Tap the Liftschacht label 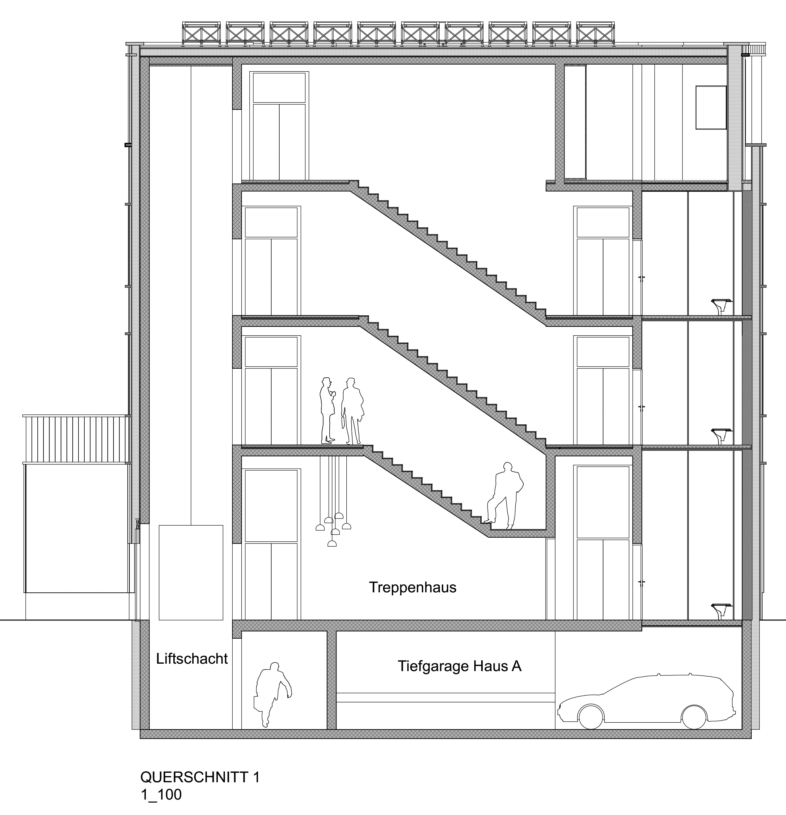click(x=192, y=659)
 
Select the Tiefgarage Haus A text click(x=459, y=666)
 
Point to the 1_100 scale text click(x=161, y=795)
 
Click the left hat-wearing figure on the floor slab click(x=327, y=410)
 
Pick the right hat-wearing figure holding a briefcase click(x=352, y=411)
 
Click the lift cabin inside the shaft click(x=191, y=573)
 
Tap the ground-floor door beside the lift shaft click(x=271, y=545)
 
